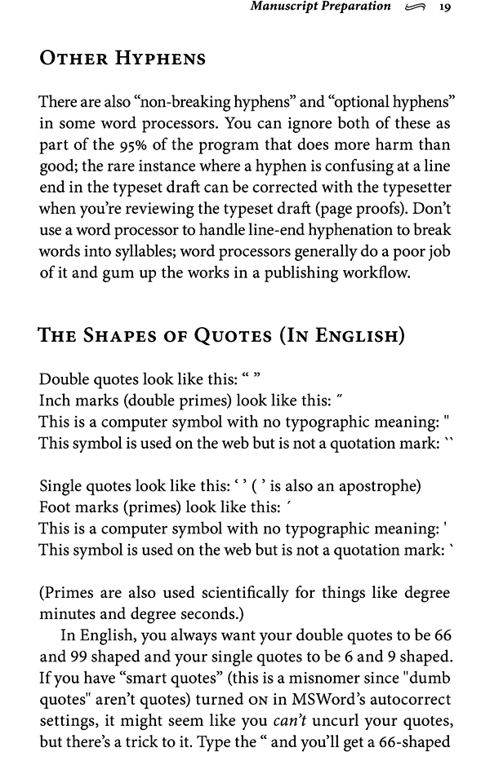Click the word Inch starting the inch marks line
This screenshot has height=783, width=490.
pos(54,400)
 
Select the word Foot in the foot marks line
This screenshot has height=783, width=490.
pos(54,507)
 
